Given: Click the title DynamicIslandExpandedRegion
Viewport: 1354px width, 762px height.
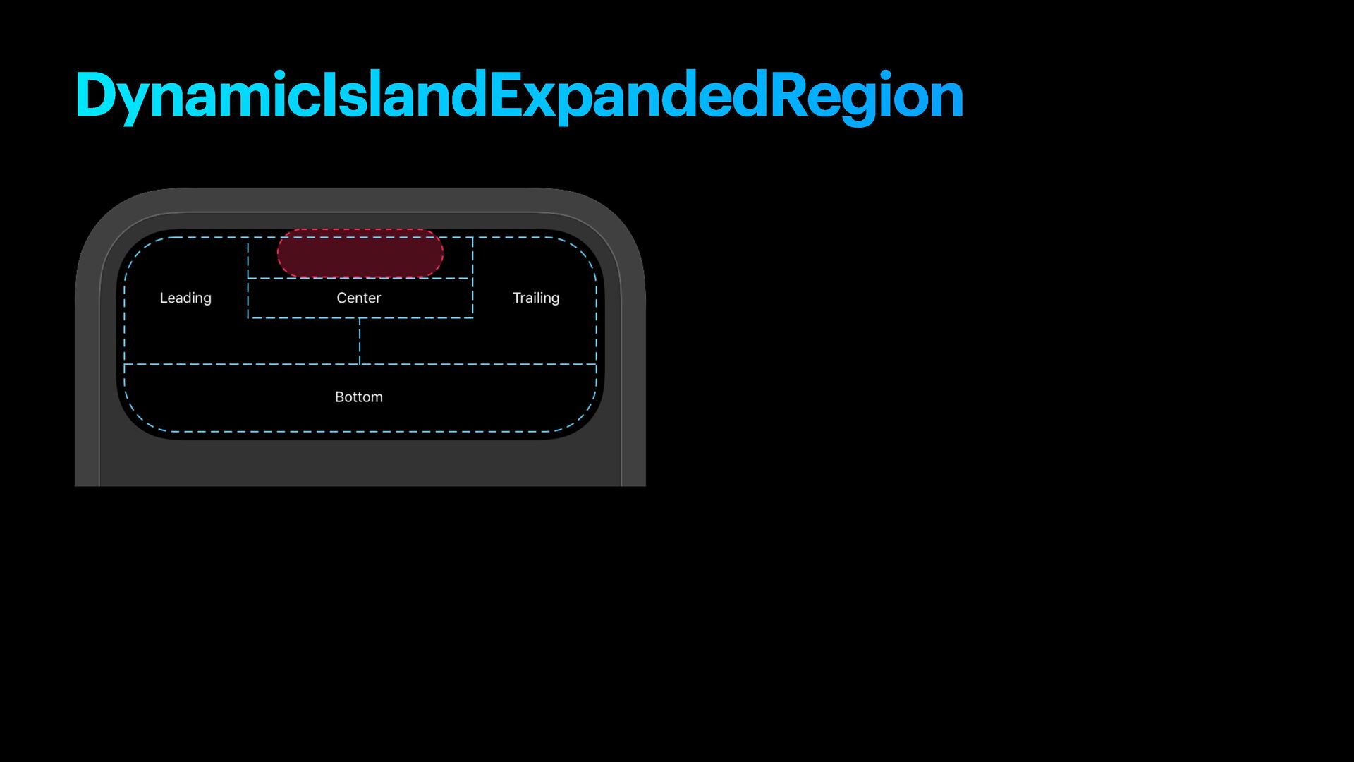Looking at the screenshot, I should pos(519,95).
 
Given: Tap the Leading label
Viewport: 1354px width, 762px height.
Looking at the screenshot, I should pos(185,298).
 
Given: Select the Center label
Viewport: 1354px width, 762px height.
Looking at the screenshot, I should pos(359,298).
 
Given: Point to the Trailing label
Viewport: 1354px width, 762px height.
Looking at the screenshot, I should pos(536,298).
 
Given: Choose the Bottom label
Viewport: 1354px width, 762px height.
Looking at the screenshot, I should pos(359,397).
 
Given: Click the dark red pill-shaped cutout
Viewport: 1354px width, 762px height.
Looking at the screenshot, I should pos(360,253).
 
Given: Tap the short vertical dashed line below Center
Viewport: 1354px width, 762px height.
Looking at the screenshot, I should pos(360,341).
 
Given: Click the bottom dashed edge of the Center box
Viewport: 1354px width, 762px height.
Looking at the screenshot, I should pos(360,317).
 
